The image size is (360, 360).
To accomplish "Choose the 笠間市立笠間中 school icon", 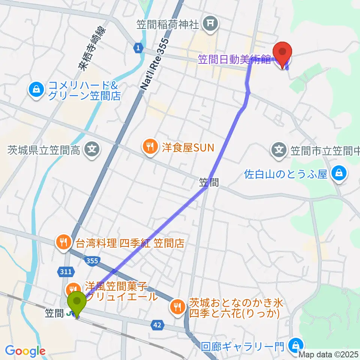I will (279, 151).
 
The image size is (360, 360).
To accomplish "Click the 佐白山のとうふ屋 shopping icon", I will (339, 174).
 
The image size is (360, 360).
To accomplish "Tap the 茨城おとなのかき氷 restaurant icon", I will (177, 307).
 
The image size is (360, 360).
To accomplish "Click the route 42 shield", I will (158, 325).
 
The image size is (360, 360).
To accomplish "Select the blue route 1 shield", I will (138, 48).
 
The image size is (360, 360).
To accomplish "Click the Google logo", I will (25, 351).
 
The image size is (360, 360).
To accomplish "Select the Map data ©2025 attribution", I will (328, 354).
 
